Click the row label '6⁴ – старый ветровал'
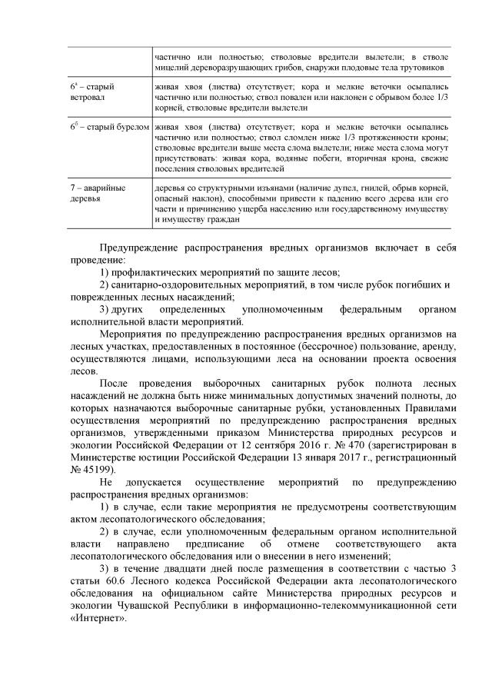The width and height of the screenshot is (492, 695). coord(90,92)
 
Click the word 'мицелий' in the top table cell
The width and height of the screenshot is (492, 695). coord(172,68)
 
